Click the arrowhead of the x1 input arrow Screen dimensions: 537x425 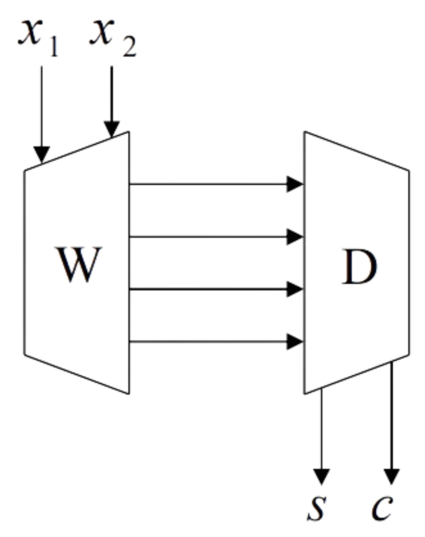(41, 154)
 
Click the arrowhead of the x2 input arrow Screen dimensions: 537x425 (112, 128)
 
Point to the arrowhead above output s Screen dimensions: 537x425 (322, 476)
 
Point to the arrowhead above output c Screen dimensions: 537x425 (392, 476)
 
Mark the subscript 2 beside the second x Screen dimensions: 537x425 (128, 48)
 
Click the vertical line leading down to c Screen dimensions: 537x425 (392, 411)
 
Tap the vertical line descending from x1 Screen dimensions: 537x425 (41, 103)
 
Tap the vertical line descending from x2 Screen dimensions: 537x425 (112, 90)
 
